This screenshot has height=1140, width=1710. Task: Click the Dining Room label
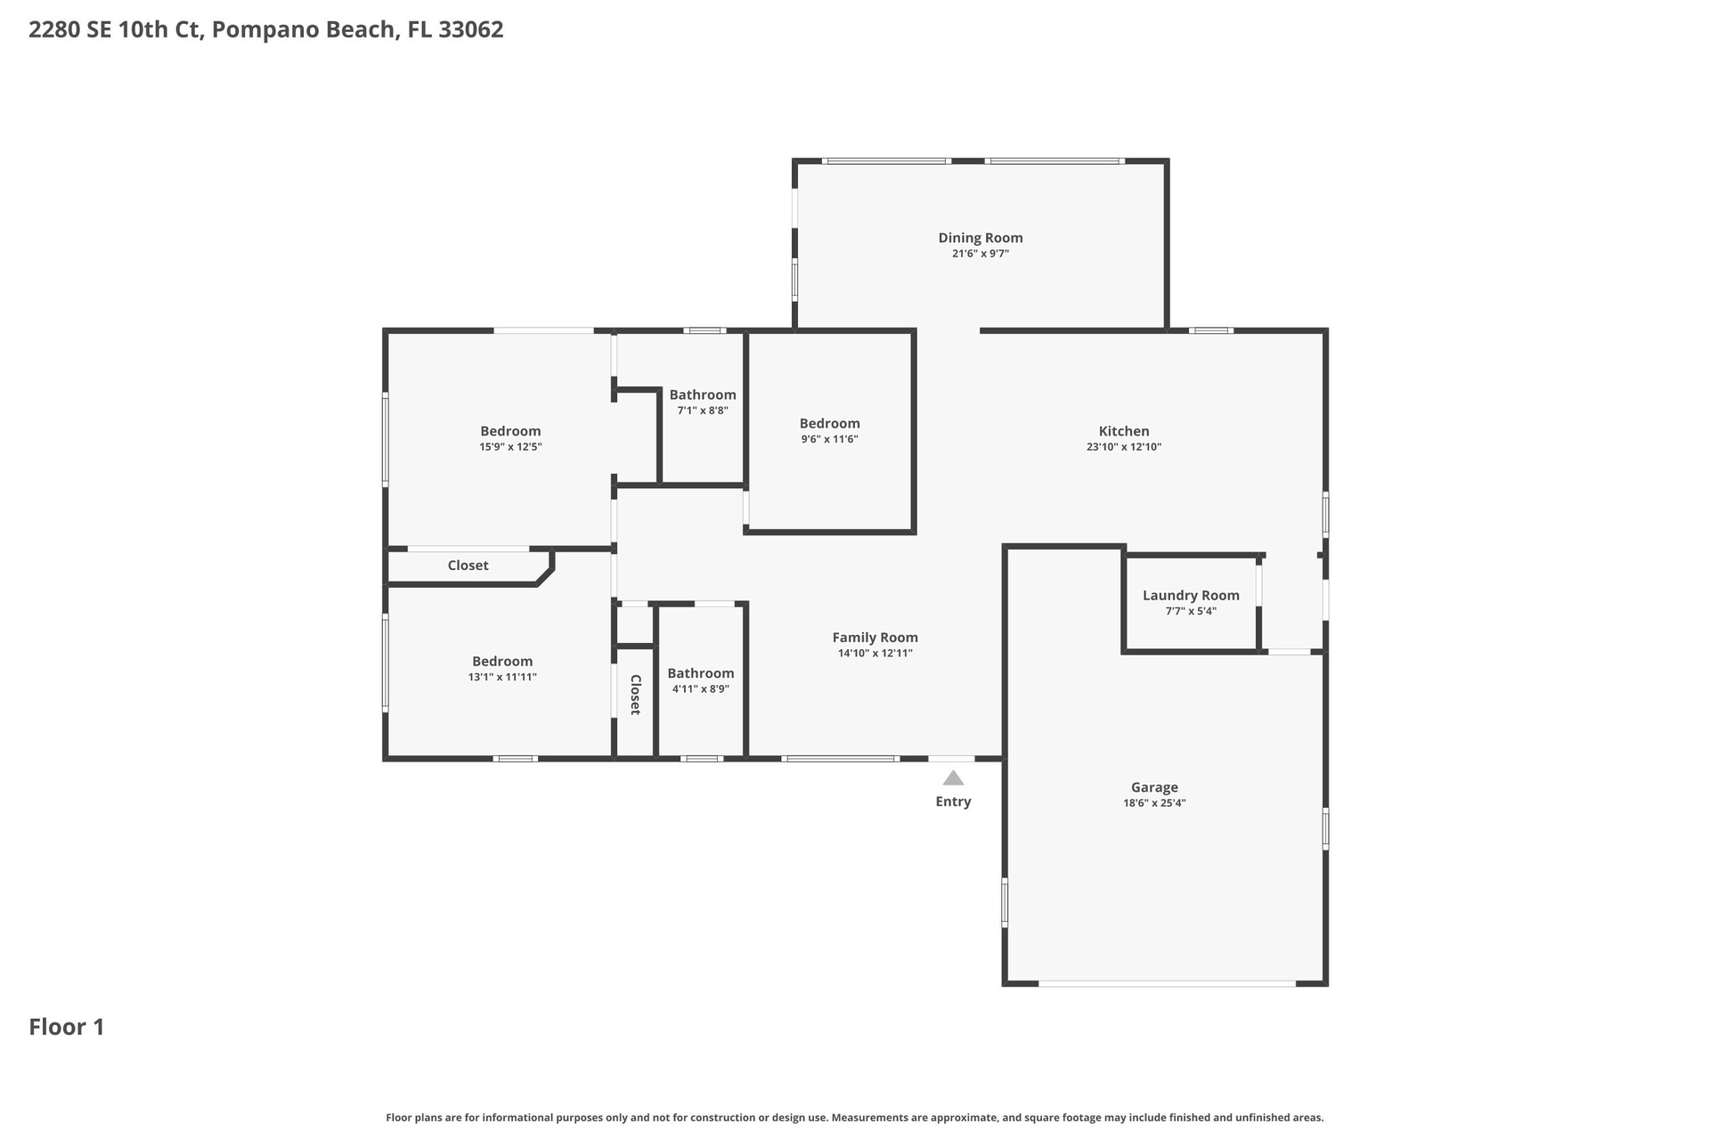tap(980, 238)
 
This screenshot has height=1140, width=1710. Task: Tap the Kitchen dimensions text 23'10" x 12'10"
tap(1123, 447)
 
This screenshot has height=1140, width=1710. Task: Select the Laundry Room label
tap(1191, 596)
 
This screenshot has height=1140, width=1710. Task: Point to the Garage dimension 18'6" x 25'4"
tap(1154, 803)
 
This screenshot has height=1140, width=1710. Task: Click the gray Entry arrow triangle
tap(953, 778)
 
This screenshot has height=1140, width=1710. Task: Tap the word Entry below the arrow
tap(953, 802)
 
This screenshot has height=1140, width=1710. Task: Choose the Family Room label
tap(875, 638)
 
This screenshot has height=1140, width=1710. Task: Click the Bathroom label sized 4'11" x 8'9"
tap(701, 673)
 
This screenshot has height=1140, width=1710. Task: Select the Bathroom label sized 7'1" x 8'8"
tap(703, 395)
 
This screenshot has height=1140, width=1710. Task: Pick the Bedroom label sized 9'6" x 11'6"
tap(829, 424)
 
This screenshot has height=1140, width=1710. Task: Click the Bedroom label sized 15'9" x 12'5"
tap(510, 432)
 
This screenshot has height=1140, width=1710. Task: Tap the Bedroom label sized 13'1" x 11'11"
tap(502, 662)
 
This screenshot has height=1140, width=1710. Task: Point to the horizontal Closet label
tap(468, 566)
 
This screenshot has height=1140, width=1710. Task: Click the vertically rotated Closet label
tap(635, 695)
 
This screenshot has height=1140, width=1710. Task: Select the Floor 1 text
tap(67, 1027)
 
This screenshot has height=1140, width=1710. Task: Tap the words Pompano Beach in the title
tap(304, 30)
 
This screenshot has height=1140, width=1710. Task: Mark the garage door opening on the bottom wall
tap(1167, 983)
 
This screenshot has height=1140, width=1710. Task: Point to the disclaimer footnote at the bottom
tap(855, 1118)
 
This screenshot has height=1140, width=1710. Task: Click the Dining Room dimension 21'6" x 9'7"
tap(980, 254)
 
